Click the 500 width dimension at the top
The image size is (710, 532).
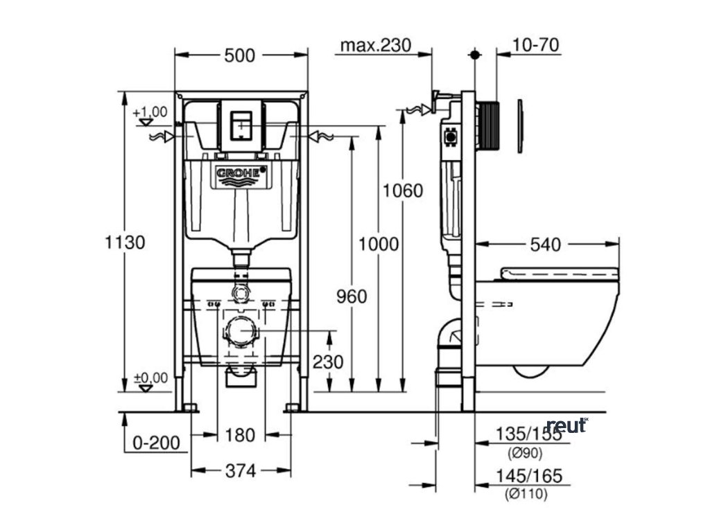240,56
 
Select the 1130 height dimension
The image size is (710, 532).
125,242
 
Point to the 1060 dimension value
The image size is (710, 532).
404,190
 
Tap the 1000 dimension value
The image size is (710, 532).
379,243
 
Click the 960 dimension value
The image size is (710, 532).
352,296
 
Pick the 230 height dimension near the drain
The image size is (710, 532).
327,361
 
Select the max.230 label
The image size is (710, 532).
376,46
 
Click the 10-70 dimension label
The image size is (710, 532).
536,46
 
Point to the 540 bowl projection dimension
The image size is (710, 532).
546,244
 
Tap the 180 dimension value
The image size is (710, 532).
240,434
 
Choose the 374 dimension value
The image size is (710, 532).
240,470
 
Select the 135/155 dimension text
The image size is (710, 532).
529,434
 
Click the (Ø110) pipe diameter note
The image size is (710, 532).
527,494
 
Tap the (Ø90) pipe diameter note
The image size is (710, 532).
525,454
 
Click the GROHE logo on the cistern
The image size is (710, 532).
239,172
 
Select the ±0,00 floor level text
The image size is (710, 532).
150,378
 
